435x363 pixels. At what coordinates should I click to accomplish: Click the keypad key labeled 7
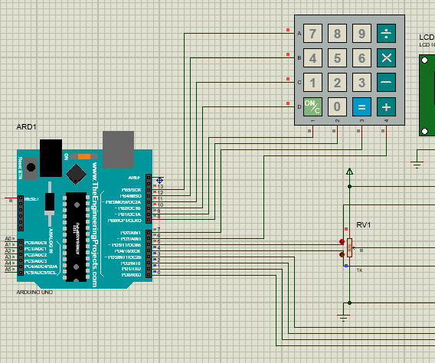point(312,34)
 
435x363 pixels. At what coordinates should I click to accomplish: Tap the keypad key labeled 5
point(337,58)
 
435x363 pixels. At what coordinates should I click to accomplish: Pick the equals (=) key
point(361,106)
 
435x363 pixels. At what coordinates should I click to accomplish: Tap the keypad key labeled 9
point(361,34)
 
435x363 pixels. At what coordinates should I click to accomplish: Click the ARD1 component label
point(27,126)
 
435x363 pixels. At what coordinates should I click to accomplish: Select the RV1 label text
point(364,225)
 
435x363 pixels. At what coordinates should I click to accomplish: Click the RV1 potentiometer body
point(349,247)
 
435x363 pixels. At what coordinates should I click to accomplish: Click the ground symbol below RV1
point(344,316)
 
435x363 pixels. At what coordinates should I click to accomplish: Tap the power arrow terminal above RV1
point(349,172)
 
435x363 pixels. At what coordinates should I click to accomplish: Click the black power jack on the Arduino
point(51,156)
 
